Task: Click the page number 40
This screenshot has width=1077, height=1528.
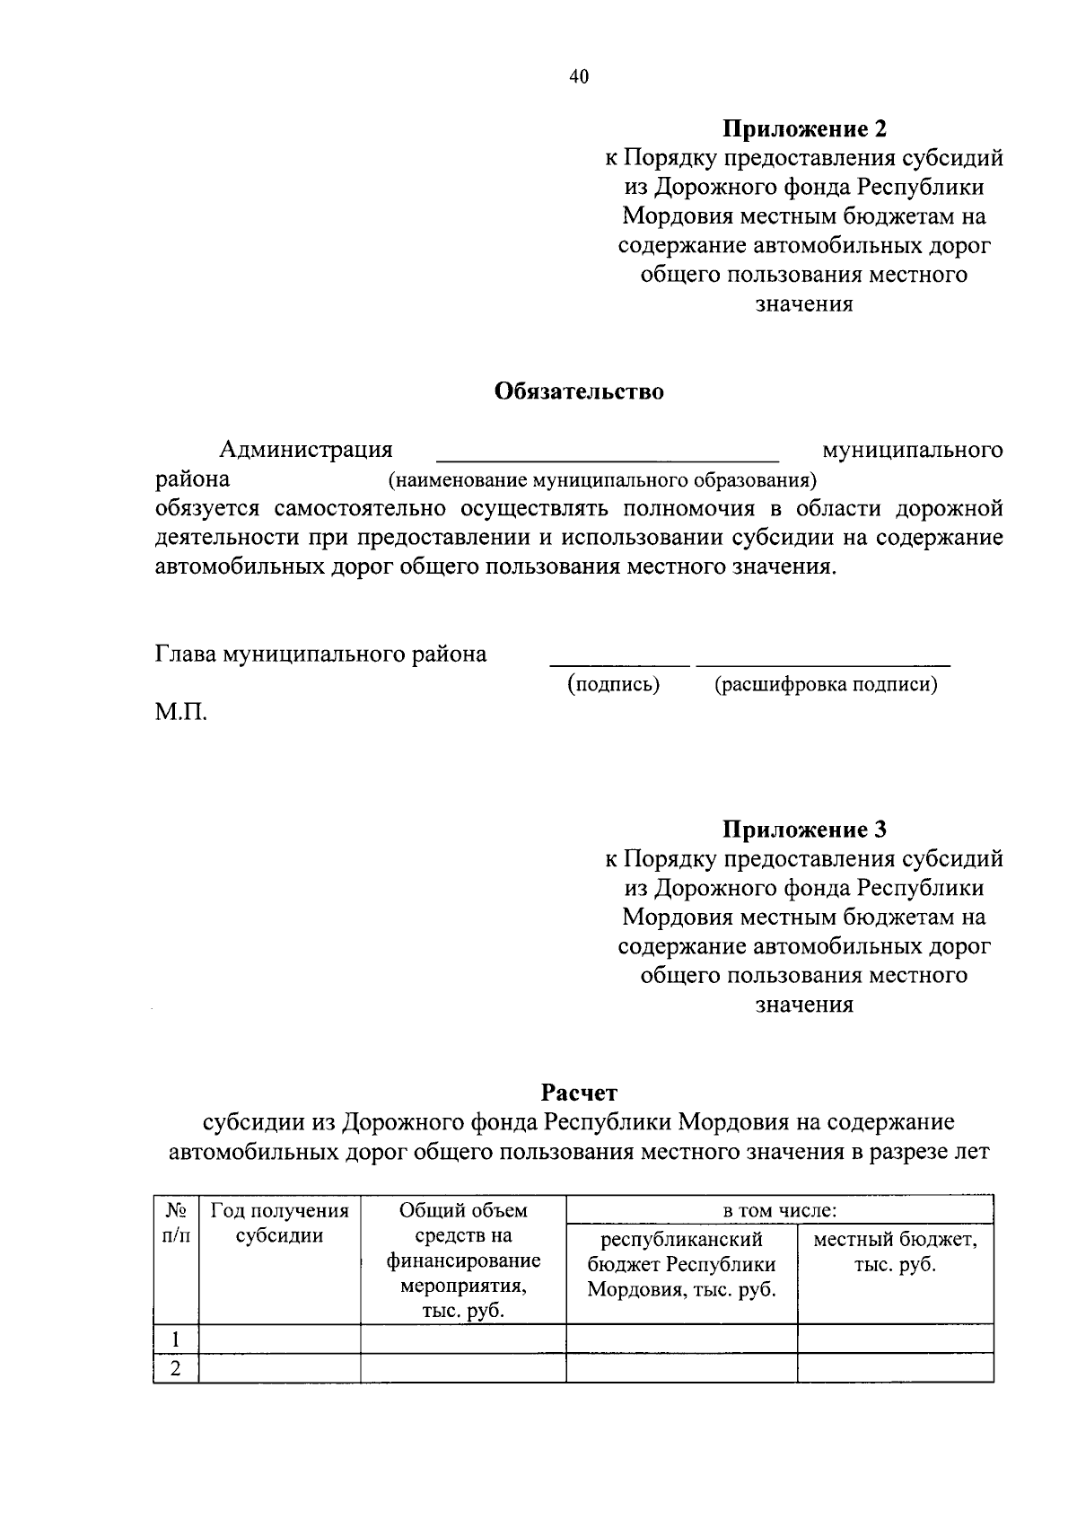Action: tap(579, 77)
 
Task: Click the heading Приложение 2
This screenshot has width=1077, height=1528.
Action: tap(805, 129)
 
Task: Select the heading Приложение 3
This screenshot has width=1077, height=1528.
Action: tap(805, 829)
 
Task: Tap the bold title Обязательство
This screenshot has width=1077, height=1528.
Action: tap(579, 391)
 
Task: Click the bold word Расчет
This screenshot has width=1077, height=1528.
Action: tap(579, 1093)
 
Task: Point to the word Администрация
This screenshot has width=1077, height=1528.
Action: tap(306, 449)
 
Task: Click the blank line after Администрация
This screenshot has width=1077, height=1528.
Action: tap(608, 452)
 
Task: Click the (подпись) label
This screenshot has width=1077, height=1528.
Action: tap(613, 684)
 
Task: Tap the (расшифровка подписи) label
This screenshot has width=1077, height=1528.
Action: tap(826, 684)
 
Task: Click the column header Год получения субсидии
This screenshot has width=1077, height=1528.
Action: tap(279, 1223)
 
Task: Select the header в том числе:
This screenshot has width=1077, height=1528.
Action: tap(780, 1210)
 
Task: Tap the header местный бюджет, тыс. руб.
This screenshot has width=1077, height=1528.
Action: tap(895, 1252)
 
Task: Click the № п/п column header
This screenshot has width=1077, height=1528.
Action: tap(176, 1223)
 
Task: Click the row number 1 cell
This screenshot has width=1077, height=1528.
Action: tap(176, 1339)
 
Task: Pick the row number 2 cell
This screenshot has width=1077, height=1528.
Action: tap(176, 1368)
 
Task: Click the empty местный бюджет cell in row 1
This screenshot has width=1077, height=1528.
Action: tap(895, 1339)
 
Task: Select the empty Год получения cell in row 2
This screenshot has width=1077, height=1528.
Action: tap(279, 1368)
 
